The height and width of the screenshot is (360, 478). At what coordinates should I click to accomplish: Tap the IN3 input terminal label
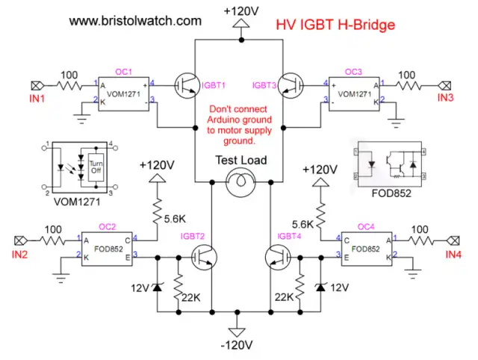point(445,98)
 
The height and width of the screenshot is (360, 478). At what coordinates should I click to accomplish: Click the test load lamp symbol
point(239,181)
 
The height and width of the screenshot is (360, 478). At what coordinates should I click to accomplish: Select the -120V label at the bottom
point(238,345)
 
